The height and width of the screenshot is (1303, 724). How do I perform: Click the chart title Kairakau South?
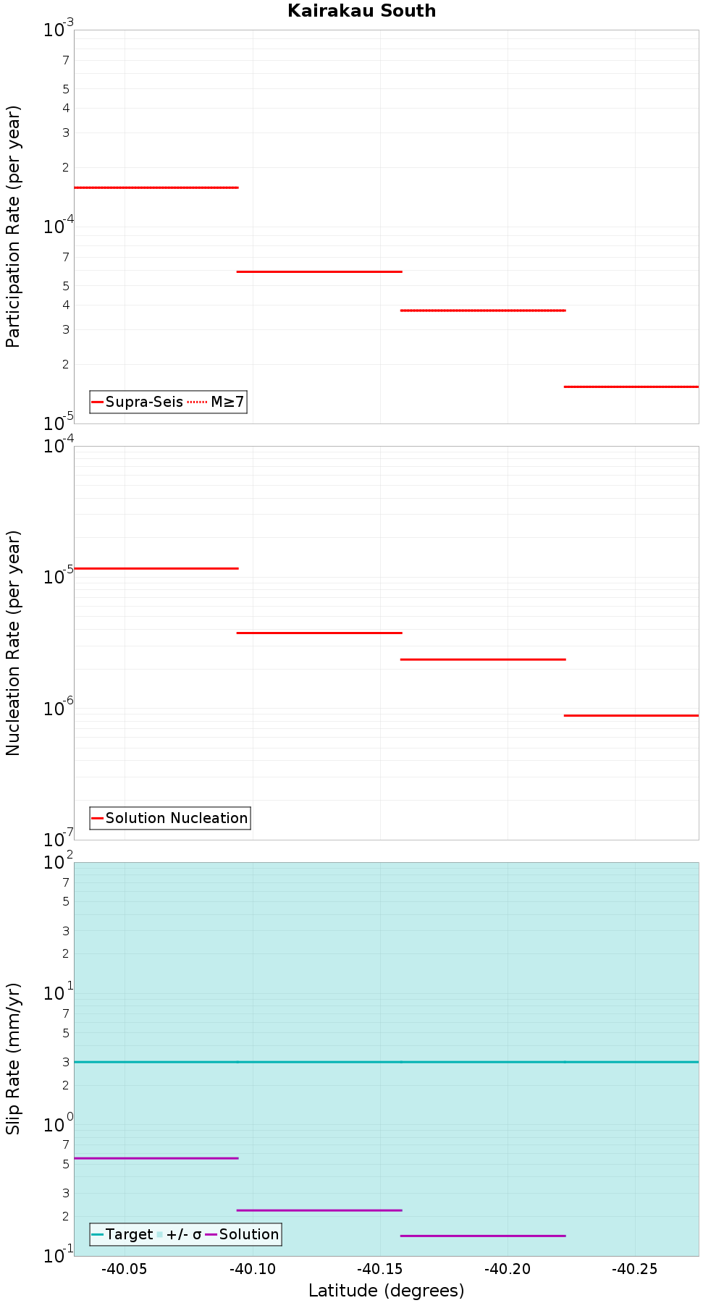coord(361,11)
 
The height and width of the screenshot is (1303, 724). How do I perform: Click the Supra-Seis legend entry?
coord(143,402)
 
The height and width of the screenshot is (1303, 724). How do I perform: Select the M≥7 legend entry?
coord(227,402)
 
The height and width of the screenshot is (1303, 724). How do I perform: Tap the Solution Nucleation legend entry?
coord(176,818)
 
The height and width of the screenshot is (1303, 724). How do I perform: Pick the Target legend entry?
coord(129,1234)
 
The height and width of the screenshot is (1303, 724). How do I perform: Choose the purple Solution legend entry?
coord(248,1234)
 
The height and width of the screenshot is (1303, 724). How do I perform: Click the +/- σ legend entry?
coord(183,1234)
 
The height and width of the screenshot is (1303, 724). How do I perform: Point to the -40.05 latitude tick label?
coord(125,1269)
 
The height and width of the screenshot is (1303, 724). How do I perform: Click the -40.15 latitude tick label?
coord(379,1269)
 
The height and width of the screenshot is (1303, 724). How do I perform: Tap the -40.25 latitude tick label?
coord(635,1269)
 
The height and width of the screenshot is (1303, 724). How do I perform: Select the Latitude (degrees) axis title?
coord(386,1291)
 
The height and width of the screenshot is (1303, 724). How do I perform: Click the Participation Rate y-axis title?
coord(13,227)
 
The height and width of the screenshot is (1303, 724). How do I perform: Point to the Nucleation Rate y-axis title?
coord(13,643)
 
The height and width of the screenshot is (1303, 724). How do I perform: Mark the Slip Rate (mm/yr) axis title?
coord(13,1058)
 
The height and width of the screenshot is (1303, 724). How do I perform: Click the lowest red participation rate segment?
coord(631,387)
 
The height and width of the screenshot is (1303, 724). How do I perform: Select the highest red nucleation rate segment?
coord(156,568)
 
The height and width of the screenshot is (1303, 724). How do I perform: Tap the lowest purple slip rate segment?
coord(482,1236)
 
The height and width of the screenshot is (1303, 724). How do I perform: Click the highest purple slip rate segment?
coord(156,1158)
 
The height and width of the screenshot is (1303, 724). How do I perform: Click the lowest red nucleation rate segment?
coord(631,715)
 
